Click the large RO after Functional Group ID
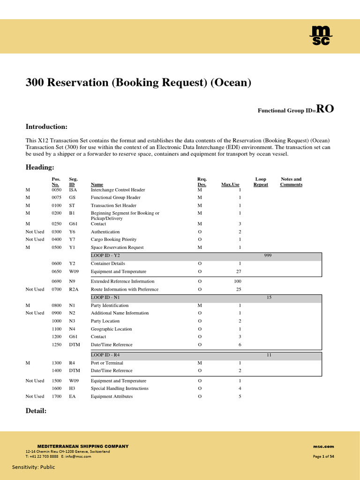click(325, 109)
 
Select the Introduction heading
click(46, 127)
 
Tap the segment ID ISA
click(73, 190)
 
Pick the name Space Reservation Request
click(117, 247)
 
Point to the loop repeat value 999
click(268, 255)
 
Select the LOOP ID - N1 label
click(108, 298)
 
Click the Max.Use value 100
click(237, 281)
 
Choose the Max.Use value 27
click(238, 271)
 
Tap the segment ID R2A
click(74, 289)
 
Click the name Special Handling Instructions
click(120, 388)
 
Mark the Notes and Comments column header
click(291, 182)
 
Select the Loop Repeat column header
click(261, 182)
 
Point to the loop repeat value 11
click(269, 355)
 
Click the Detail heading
click(36, 411)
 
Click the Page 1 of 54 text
click(323, 457)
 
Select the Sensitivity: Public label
click(33, 467)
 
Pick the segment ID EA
click(72, 396)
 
